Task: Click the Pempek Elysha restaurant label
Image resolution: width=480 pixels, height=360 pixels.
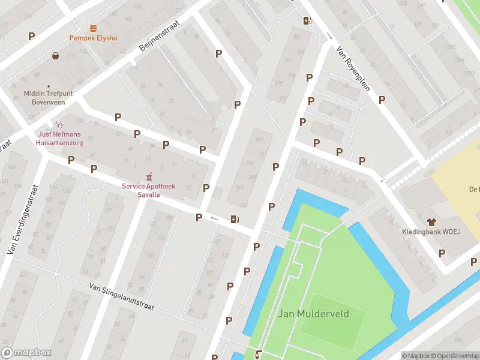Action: (93, 38)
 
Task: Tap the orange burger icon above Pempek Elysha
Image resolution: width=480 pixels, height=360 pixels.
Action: (93, 28)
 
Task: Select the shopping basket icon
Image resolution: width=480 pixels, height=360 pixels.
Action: (56, 56)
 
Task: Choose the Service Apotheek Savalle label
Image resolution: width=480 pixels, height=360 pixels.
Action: (149, 191)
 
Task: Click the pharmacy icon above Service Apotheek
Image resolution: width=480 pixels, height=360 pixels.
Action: (149, 177)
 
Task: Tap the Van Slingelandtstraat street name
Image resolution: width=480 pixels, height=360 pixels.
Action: (121, 297)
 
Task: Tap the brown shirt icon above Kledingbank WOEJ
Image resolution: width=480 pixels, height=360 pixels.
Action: (431, 221)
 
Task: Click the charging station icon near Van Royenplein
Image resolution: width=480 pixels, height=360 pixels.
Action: (307, 21)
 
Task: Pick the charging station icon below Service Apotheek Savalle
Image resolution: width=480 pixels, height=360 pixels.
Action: (234, 220)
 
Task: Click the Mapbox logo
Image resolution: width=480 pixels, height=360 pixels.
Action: (26, 353)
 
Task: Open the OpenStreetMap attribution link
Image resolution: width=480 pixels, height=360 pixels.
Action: (455, 356)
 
